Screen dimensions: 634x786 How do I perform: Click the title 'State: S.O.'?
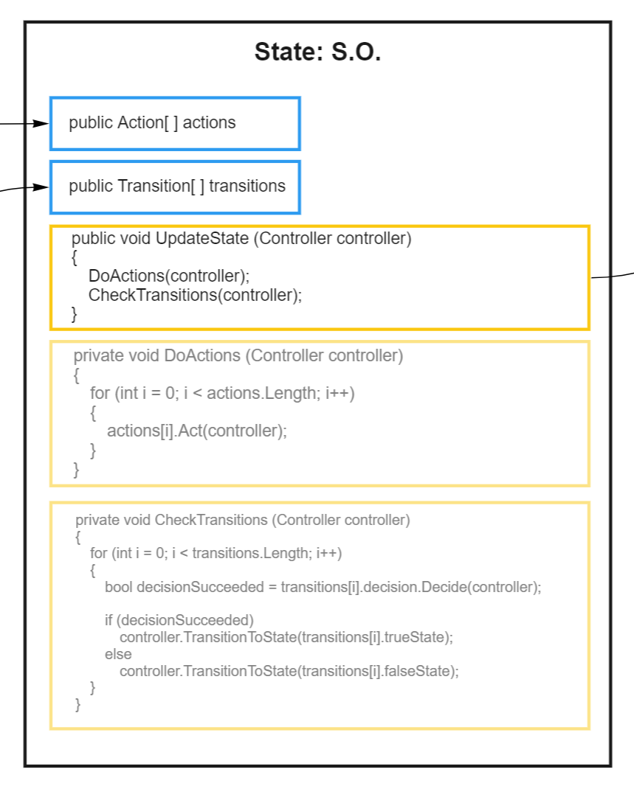(317, 52)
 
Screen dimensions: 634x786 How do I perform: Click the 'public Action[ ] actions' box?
(175, 123)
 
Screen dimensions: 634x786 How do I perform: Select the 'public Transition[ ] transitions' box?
(175, 187)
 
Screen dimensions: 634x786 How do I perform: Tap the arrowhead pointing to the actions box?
(42, 123)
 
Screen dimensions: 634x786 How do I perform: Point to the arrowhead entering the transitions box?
(42, 187)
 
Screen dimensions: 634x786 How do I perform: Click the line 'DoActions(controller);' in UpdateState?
(169, 277)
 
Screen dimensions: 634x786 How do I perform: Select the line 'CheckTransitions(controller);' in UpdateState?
(195, 296)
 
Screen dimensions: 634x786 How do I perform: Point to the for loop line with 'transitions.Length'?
(216, 553)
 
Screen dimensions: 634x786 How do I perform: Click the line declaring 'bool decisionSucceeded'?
(323, 588)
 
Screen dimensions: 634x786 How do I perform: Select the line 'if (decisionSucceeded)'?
(179, 619)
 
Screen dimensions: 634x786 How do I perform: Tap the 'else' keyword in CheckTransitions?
(118, 654)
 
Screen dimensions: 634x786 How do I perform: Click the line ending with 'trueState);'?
(286, 637)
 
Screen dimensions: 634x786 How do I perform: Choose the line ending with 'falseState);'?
(289, 672)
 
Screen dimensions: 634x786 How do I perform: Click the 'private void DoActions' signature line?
(238, 356)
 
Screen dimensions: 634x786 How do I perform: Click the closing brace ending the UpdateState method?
(74, 314)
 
